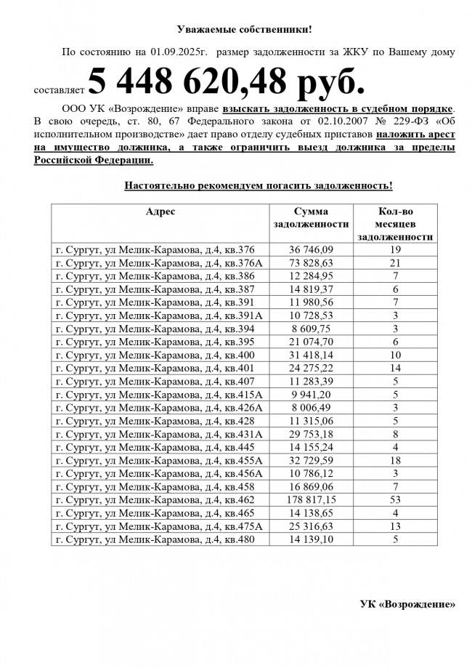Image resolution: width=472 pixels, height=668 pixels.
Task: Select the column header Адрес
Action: (160, 212)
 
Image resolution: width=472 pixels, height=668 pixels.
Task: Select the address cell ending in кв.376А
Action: (160, 262)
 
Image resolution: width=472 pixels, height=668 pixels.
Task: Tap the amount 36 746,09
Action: (310, 249)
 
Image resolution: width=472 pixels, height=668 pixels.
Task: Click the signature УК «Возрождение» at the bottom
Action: (407, 604)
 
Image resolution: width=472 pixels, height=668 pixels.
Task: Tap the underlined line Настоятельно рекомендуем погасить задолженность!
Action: (259, 186)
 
